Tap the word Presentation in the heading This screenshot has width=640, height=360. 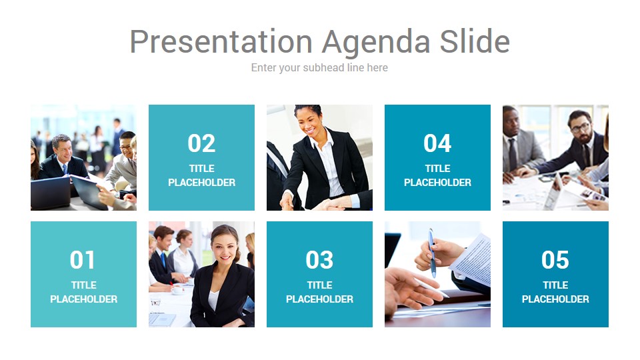(x=221, y=41)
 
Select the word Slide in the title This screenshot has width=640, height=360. (x=475, y=41)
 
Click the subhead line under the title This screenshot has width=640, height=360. (x=319, y=68)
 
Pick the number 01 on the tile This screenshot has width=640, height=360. (x=83, y=260)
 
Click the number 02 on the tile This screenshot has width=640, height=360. (x=201, y=143)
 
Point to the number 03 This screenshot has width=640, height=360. (x=319, y=260)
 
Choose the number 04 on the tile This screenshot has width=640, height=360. (x=437, y=143)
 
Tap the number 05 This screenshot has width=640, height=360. (x=555, y=260)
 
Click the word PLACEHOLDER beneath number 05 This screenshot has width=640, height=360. (x=555, y=299)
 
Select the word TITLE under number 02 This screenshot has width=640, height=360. (x=201, y=168)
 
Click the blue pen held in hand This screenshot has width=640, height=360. (x=432, y=253)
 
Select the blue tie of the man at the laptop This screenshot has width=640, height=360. (x=65, y=169)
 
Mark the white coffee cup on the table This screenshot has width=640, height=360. (x=178, y=289)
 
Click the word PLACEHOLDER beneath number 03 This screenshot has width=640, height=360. (x=319, y=299)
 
